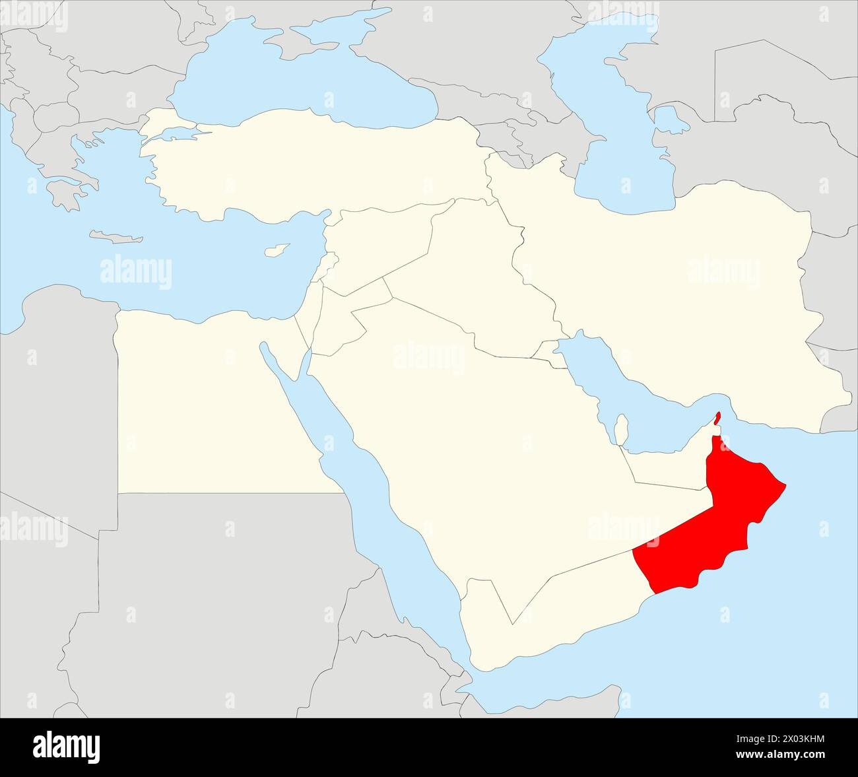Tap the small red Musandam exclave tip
(x=717, y=418)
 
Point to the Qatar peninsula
(x=620, y=428)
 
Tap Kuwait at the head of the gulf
(x=547, y=349)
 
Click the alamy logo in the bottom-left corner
(x=67, y=746)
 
